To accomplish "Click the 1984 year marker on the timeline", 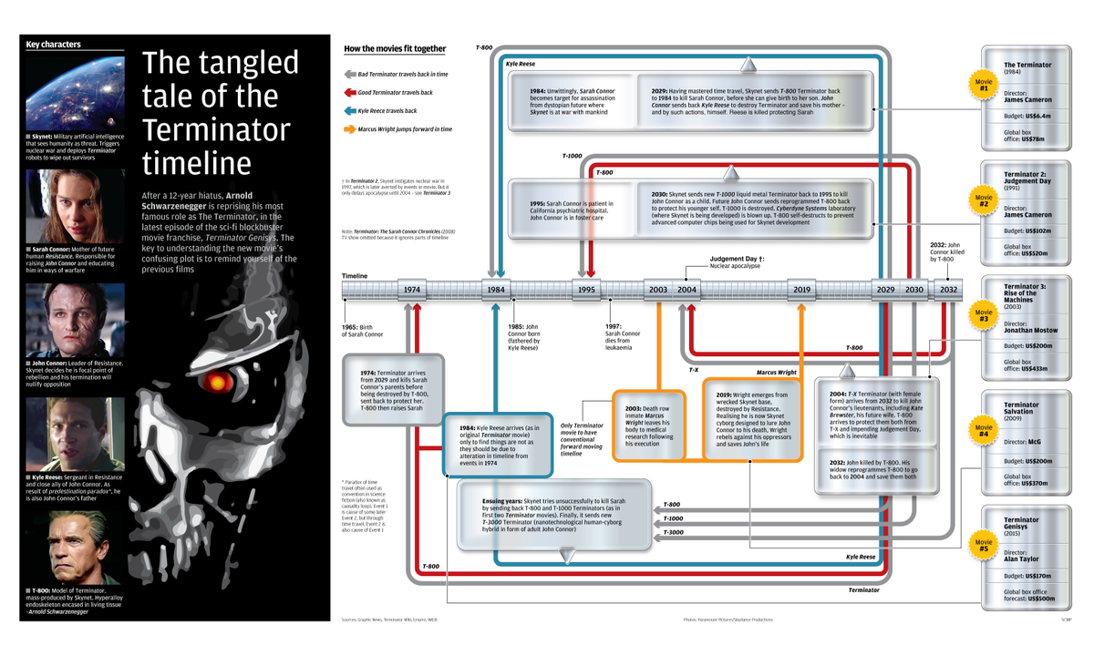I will [x=496, y=290].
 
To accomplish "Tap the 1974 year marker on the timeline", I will [x=412, y=290].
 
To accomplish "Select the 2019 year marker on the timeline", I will [x=801, y=290].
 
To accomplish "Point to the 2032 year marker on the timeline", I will [x=949, y=290].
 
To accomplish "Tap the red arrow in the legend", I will [x=350, y=93].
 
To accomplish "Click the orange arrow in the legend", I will [x=350, y=129].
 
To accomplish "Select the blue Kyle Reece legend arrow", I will [x=350, y=111].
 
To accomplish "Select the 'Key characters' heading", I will [x=53, y=44].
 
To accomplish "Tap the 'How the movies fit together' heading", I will [x=395, y=48].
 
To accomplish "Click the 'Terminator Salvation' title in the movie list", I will [x=1021, y=408].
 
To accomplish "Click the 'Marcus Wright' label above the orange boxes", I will [x=776, y=373].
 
